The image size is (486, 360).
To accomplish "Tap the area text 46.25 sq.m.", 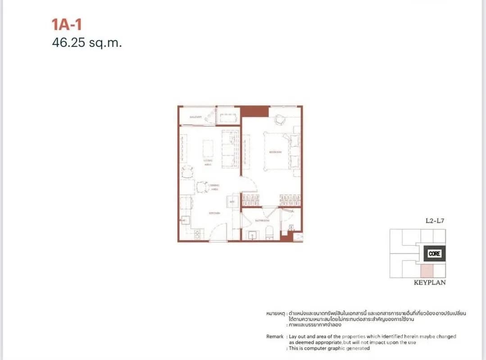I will tap(87, 43).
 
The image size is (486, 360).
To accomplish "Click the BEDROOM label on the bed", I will tap(275, 152).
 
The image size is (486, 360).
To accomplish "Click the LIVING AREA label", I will tap(208, 162).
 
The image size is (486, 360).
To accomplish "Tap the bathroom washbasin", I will tap(252, 234).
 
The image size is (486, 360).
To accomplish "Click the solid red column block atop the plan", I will tap(254, 111).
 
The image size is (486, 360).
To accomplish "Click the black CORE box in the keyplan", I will tap(435, 253).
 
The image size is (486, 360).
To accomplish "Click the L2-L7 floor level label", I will tap(435, 221).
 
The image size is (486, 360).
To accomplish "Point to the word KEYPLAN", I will tap(429, 283).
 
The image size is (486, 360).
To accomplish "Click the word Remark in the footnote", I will tap(275, 336).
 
